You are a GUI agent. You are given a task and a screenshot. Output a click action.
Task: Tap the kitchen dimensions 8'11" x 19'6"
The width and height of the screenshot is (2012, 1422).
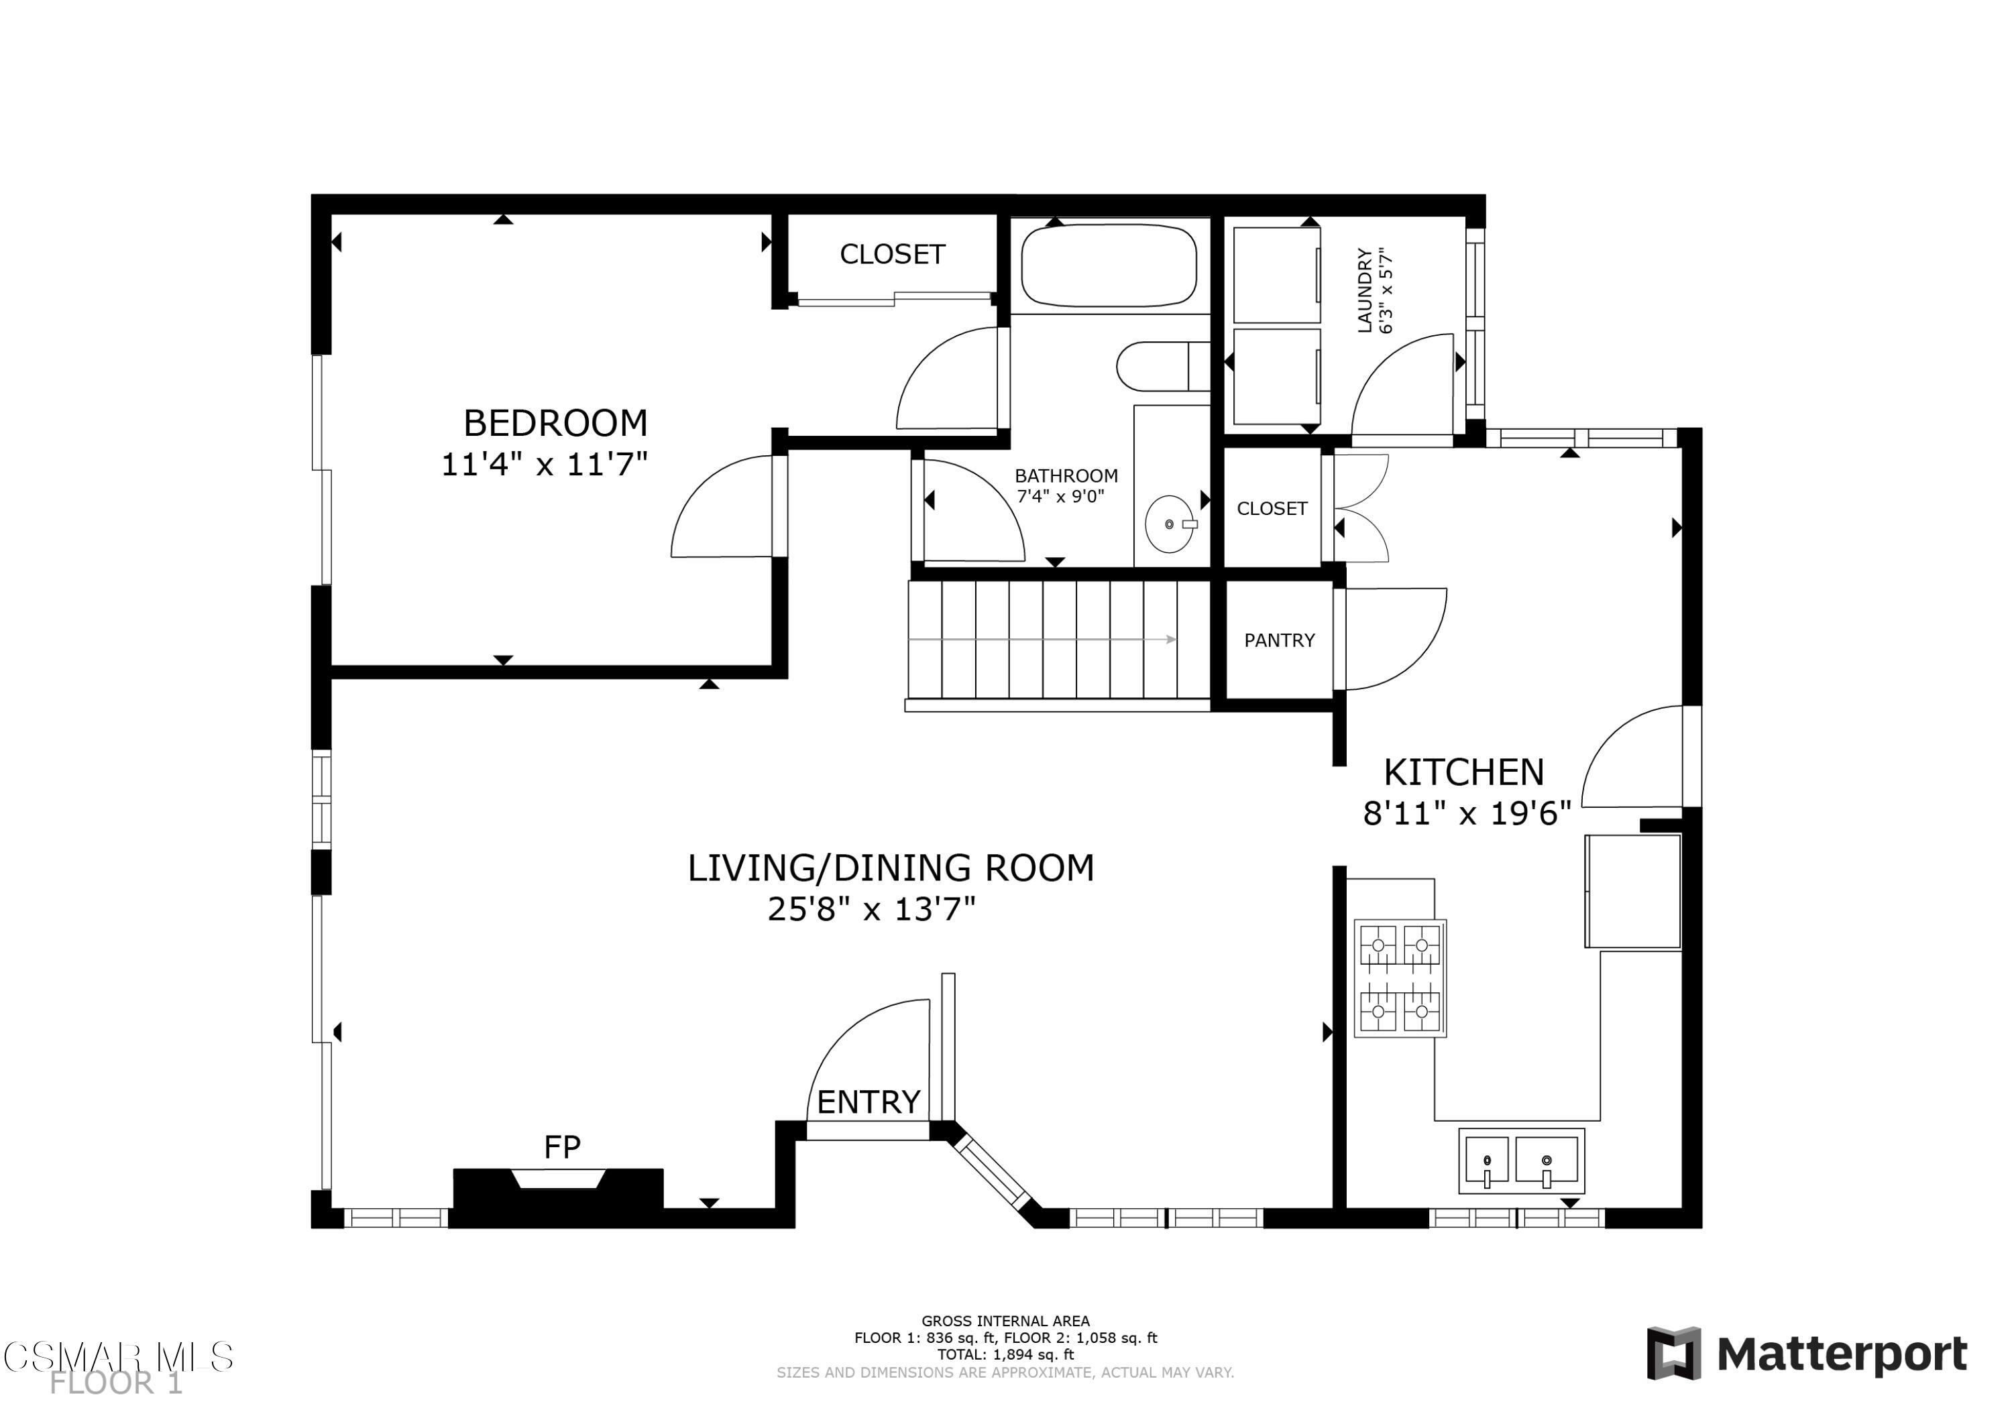(1466, 813)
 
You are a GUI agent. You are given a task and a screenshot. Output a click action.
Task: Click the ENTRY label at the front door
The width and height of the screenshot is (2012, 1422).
(868, 1102)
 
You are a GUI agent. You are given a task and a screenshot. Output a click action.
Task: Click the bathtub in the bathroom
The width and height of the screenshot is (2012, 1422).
(1109, 265)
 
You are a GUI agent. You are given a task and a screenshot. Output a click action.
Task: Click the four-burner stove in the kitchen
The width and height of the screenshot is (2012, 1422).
(1400, 977)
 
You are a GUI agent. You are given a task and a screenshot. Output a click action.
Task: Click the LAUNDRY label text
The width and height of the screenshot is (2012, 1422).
(1364, 290)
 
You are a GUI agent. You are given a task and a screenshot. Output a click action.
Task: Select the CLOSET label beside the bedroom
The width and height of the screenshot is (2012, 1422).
(892, 254)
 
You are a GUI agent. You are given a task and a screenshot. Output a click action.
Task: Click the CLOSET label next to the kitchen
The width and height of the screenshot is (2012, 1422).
(1272, 508)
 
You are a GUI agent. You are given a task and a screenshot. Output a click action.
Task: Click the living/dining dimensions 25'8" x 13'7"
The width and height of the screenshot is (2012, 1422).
(871, 908)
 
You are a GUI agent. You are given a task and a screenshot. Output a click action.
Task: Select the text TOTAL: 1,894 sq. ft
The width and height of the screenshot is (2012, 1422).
(1005, 1354)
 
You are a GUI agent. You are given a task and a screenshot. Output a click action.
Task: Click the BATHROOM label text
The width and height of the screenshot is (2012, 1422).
(1066, 476)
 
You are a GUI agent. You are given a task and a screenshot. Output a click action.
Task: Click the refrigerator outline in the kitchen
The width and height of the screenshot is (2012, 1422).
(1632, 891)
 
